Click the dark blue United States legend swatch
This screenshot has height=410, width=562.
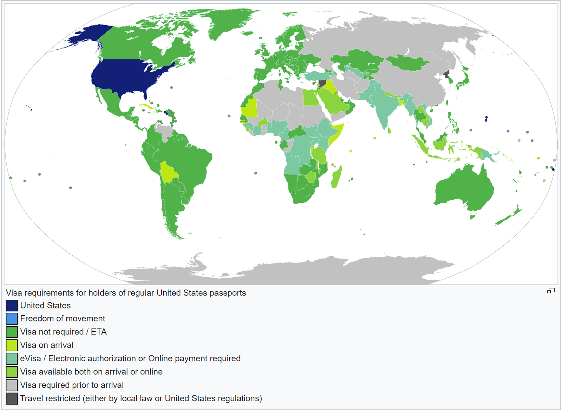coord(12,305)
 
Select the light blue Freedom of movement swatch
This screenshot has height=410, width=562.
coord(12,318)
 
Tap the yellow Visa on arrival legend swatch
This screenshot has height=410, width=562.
coord(12,345)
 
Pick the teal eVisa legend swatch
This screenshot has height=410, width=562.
coord(12,358)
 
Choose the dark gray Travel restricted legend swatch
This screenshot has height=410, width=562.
coord(12,398)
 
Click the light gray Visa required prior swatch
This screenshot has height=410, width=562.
coord(12,385)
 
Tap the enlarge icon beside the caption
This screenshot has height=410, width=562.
coord(551,291)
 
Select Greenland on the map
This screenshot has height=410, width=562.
coord(225,21)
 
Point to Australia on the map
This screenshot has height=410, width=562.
coord(464,190)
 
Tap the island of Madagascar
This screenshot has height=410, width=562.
coord(336,177)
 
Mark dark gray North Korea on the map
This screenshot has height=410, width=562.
coord(446,74)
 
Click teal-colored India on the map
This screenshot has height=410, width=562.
coord(383,105)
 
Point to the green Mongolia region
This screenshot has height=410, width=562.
coord(407,63)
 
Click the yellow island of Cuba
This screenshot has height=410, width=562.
coord(148,106)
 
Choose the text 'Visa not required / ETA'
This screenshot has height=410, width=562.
coord(63,332)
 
